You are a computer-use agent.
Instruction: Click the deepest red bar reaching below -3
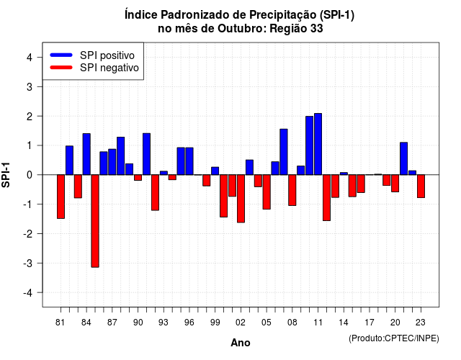click(x=95, y=221)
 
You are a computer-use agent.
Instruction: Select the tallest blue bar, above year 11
click(x=318, y=144)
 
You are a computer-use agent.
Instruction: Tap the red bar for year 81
click(x=61, y=197)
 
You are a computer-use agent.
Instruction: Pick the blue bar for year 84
click(x=86, y=154)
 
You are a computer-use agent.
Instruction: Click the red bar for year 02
click(x=241, y=199)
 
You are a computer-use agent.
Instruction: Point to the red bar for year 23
click(x=421, y=186)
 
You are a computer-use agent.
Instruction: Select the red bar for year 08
click(x=292, y=190)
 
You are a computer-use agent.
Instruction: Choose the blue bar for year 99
click(x=215, y=171)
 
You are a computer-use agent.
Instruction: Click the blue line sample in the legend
click(x=61, y=55)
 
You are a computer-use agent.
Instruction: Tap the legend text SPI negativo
click(x=109, y=68)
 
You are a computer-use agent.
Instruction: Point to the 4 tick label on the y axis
click(x=30, y=58)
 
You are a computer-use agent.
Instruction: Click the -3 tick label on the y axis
click(x=28, y=263)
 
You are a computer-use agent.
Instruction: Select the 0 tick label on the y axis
click(x=30, y=175)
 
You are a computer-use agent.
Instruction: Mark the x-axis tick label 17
click(x=370, y=323)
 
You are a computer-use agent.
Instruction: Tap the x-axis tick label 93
click(x=164, y=323)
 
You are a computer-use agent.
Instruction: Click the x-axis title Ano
click(x=241, y=343)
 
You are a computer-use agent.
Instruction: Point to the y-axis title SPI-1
click(x=6, y=175)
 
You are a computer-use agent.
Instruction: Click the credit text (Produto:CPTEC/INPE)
click(x=394, y=338)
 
